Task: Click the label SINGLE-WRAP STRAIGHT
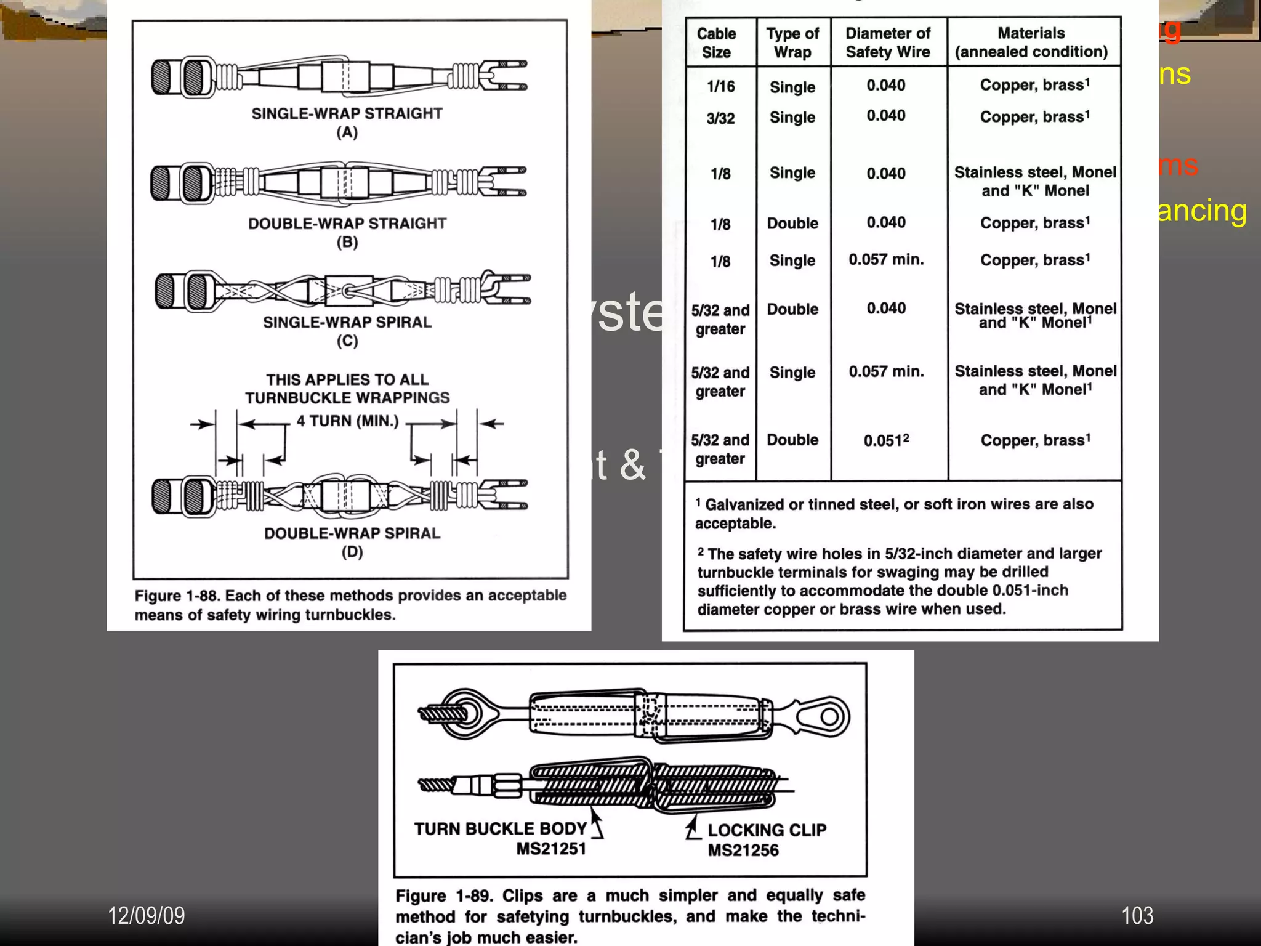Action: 347,113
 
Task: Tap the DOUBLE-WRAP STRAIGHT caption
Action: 347,224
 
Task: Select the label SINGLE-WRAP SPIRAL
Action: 347,322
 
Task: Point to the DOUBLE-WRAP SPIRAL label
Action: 352,533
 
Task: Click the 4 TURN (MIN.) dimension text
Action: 347,421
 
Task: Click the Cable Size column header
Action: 716,42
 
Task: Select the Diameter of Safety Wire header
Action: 887,42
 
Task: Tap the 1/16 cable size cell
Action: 720,86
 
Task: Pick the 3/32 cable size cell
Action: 720,118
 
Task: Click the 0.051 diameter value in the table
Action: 885,440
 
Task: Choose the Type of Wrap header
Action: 792,42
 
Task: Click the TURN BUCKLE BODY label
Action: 499,829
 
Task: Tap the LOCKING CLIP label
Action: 767,830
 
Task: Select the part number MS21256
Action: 743,851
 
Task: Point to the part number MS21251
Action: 550,849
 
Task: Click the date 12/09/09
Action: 146,916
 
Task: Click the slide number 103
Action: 1137,916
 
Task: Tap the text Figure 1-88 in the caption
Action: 176,596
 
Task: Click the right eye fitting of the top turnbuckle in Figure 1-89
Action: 825,716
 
